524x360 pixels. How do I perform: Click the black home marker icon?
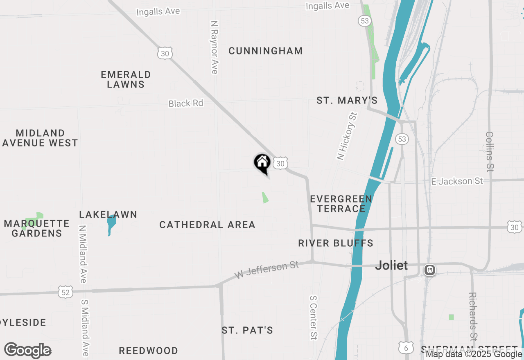click(x=262, y=163)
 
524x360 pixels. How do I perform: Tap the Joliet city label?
click(x=392, y=265)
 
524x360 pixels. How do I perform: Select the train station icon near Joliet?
click(x=430, y=270)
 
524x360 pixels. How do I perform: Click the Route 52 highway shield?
click(x=66, y=292)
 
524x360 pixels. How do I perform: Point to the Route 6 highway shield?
click(x=405, y=347)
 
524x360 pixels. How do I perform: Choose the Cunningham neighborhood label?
click(x=266, y=51)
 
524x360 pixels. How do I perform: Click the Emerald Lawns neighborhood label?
click(x=126, y=79)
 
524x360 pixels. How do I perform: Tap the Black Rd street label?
click(x=186, y=103)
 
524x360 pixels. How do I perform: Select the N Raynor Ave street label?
click(x=214, y=47)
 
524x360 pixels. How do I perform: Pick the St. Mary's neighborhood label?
click(x=347, y=101)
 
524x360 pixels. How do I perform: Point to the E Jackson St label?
click(x=457, y=181)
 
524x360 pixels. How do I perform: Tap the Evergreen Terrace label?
click(x=341, y=204)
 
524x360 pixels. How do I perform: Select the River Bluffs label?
click(x=336, y=243)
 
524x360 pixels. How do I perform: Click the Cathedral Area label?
click(x=208, y=225)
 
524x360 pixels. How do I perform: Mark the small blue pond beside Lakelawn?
click(x=111, y=224)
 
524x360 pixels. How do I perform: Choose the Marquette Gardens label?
click(x=37, y=228)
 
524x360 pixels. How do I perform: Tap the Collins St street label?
click(x=490, y=151)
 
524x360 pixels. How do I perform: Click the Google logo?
click(x=28, y=350)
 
